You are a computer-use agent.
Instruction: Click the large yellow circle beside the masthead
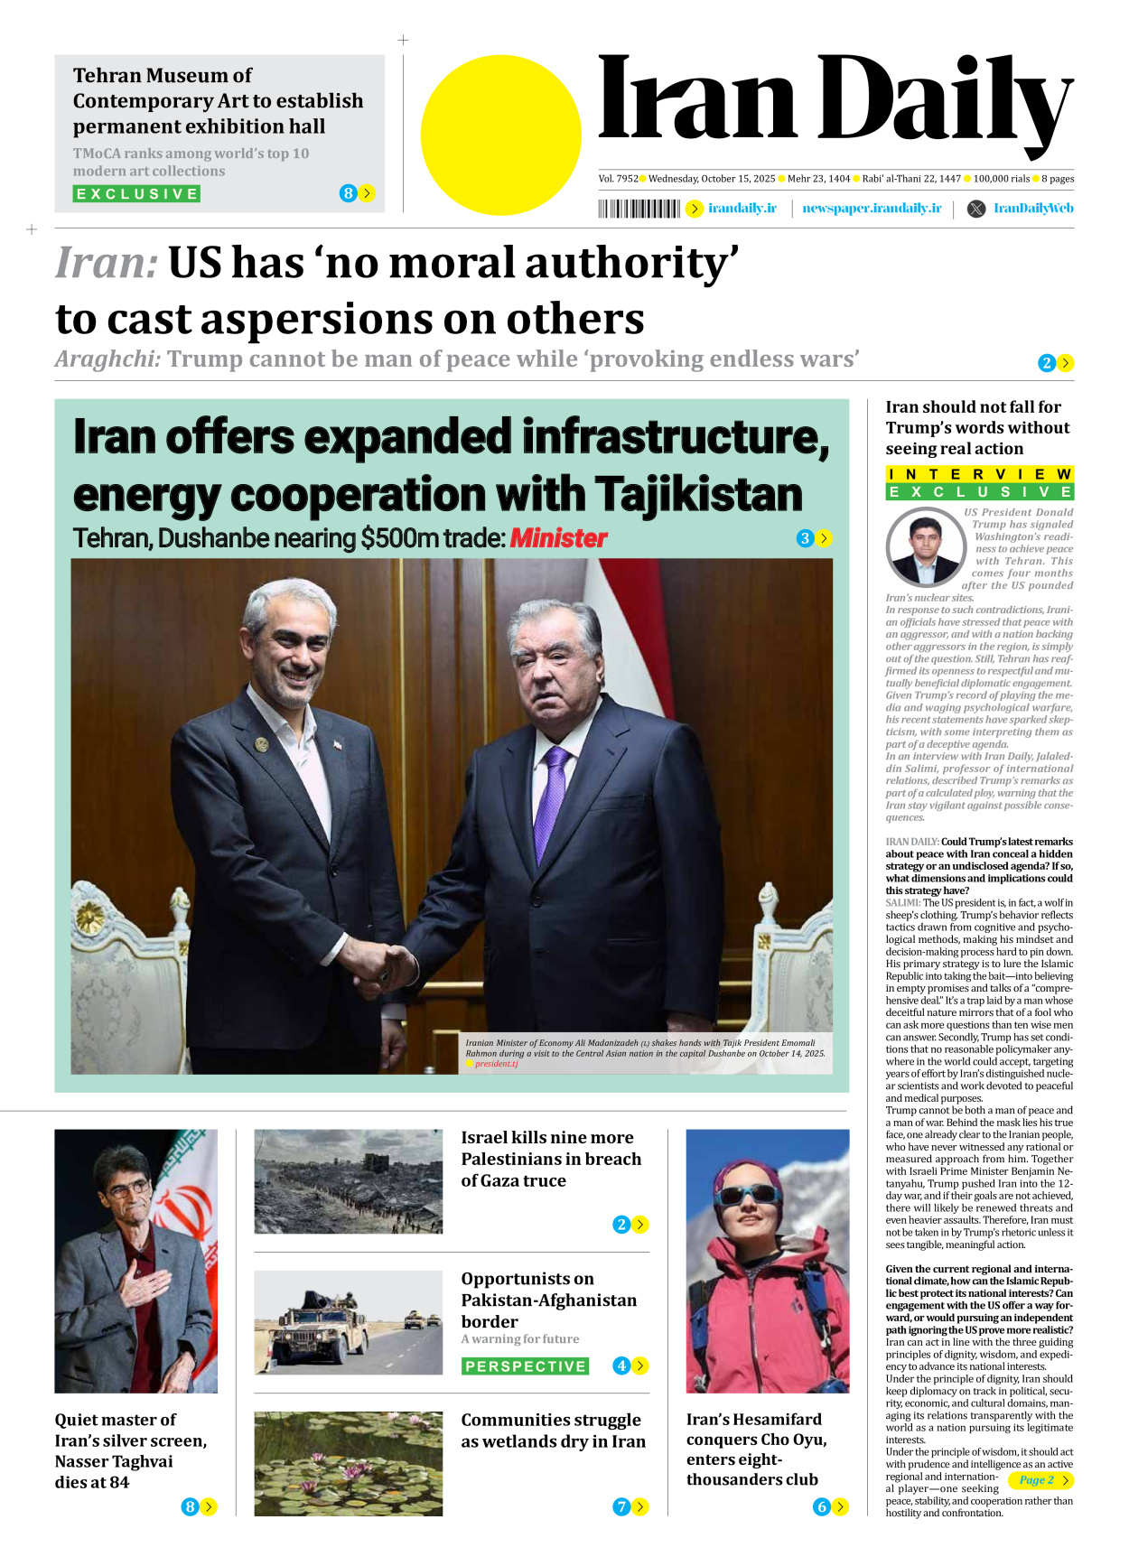pos(500,135)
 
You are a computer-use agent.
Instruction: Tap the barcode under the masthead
pos(639,210)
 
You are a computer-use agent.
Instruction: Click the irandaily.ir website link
pos(742,209)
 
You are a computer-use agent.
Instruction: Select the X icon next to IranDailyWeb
pos(976,209)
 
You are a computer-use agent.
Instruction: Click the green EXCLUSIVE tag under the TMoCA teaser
pos(136,194)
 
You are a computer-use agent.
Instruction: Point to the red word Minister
pos(558,538)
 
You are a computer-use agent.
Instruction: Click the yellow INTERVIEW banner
pos(979,474)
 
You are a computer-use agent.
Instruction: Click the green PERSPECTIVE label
pos(525,1366)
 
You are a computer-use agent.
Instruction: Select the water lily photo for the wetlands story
pos(348,1463)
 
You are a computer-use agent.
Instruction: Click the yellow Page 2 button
pos(1043,1480)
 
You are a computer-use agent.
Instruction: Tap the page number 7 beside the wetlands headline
pos(621,1506)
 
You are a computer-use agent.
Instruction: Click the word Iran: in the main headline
pos(107,264)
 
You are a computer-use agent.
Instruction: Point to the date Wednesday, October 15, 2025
pos(712,179)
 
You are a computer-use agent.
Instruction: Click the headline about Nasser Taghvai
pos(130,1450)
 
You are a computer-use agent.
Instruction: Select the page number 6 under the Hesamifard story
pos(821,1506)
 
